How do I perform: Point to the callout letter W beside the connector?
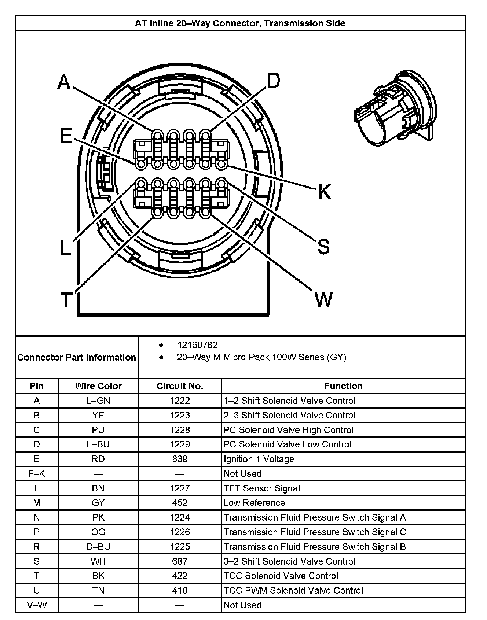(x=323, y=299)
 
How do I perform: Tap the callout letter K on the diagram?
(x=324, y=192)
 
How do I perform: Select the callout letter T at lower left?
(x=66, y=300)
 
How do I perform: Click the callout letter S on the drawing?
(x=323, y=246)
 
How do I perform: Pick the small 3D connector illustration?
(x=395, y=109)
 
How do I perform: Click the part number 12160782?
(x=197, y=345)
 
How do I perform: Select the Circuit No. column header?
(x=180, y=386)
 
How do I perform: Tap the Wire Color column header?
(x=98, y=386)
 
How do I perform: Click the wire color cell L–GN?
(x=98, y=401)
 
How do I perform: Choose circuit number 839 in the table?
(x=180, y=459)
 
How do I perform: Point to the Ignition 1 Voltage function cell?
(x=259, y=459)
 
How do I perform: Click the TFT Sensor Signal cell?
(x=262, y=488)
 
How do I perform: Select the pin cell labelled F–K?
(x=37, y=473)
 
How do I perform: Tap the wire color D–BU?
(x=98, y=547)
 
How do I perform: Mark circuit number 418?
(x=180, y=590)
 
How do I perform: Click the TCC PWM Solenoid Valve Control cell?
(x=293, y=590)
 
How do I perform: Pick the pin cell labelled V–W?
(x=37, y=605)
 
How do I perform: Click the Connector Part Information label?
(x=77, y=357)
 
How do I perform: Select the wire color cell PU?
(x=98, y=430)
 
